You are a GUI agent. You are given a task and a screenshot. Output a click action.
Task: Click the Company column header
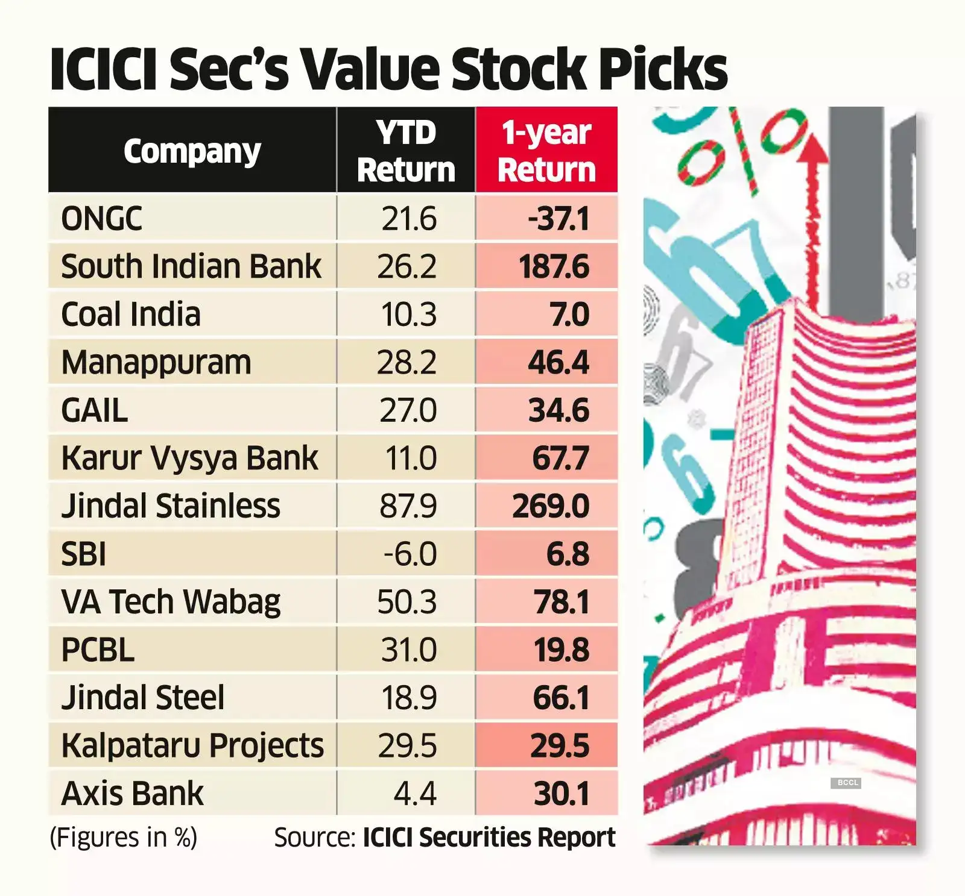coord(192,151)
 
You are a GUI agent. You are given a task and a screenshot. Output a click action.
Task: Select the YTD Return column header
coord(406,151)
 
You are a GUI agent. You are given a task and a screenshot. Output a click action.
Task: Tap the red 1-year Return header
coord(546,151)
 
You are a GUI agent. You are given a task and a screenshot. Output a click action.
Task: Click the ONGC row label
coord(102,218)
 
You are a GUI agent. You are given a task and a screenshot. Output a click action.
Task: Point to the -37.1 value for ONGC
coord(558,218)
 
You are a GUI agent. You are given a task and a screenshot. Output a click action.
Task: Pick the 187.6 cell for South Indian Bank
coord(554,266)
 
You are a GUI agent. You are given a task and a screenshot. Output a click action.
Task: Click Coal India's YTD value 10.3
coord(408,315)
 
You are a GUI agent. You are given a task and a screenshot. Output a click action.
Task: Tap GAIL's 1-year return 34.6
coord(558,410)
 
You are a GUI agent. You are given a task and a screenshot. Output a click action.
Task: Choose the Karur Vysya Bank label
coord(189,458)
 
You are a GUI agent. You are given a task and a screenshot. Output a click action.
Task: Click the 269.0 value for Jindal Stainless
coord(551,506)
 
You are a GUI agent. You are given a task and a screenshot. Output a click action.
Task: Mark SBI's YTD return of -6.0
coord(410,554)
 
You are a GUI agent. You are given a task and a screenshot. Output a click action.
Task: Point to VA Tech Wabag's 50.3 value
coord(407,602)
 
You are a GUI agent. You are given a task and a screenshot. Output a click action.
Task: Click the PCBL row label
coord(98,650)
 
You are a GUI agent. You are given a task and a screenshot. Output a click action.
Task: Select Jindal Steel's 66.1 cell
coord(561,698)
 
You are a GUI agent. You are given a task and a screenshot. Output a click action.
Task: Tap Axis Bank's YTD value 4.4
coord(414,794)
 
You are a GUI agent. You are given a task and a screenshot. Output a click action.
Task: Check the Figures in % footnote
coord(124,838)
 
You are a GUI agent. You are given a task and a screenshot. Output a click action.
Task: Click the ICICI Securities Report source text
coord(489,838)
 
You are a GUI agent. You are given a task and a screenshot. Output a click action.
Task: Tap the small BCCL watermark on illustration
coord(847,783)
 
